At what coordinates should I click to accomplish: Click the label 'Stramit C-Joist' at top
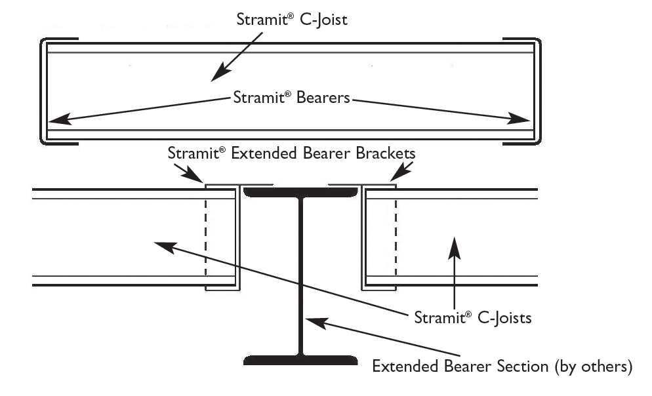click(x=291, y=19)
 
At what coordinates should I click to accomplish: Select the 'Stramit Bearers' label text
click(x=291, y=98)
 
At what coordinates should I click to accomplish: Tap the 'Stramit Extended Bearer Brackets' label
click(x=291, y=153)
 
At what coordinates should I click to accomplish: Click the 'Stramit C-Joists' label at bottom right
click(x=472, y=319)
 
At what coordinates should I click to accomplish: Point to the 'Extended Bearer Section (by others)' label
click(x=502, y=366)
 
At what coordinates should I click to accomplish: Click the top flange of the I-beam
click(x=301, y=192)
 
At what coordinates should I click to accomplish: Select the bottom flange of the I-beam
click(x=300, y=360)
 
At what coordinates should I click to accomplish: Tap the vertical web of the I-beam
click(x=300, y=275)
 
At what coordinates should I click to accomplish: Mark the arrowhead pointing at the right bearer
click(x=521, y=119)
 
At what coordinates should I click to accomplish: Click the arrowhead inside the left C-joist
click(x=161, y=245)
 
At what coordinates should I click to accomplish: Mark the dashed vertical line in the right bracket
click(x=396, y=239)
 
